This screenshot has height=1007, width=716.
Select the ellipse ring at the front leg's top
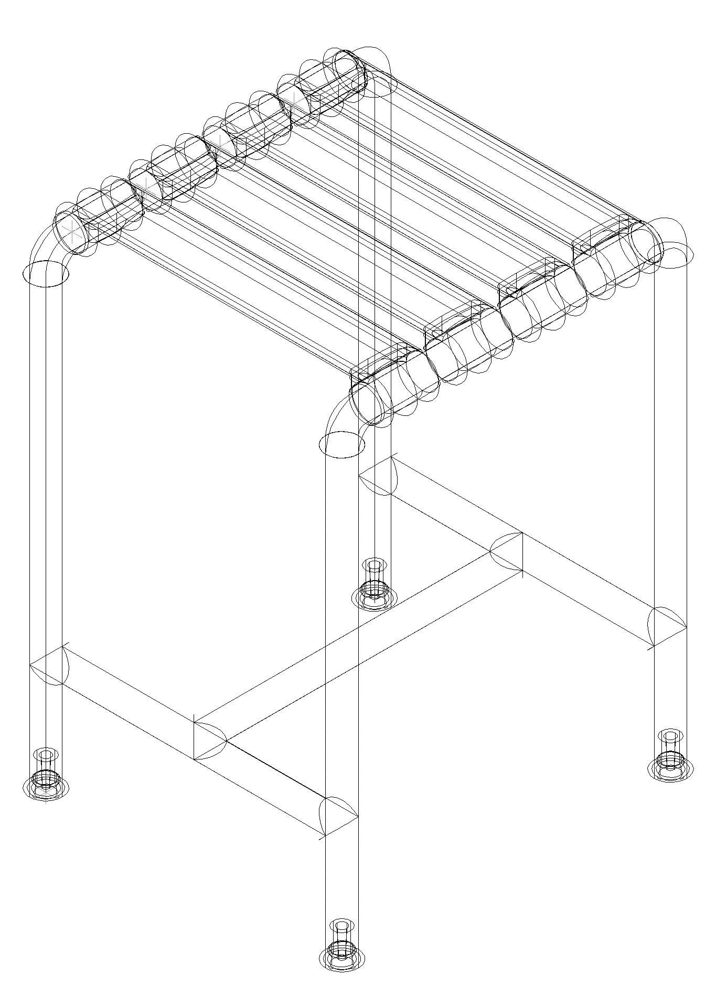coord(341,445)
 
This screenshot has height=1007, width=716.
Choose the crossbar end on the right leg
coord(667,626)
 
